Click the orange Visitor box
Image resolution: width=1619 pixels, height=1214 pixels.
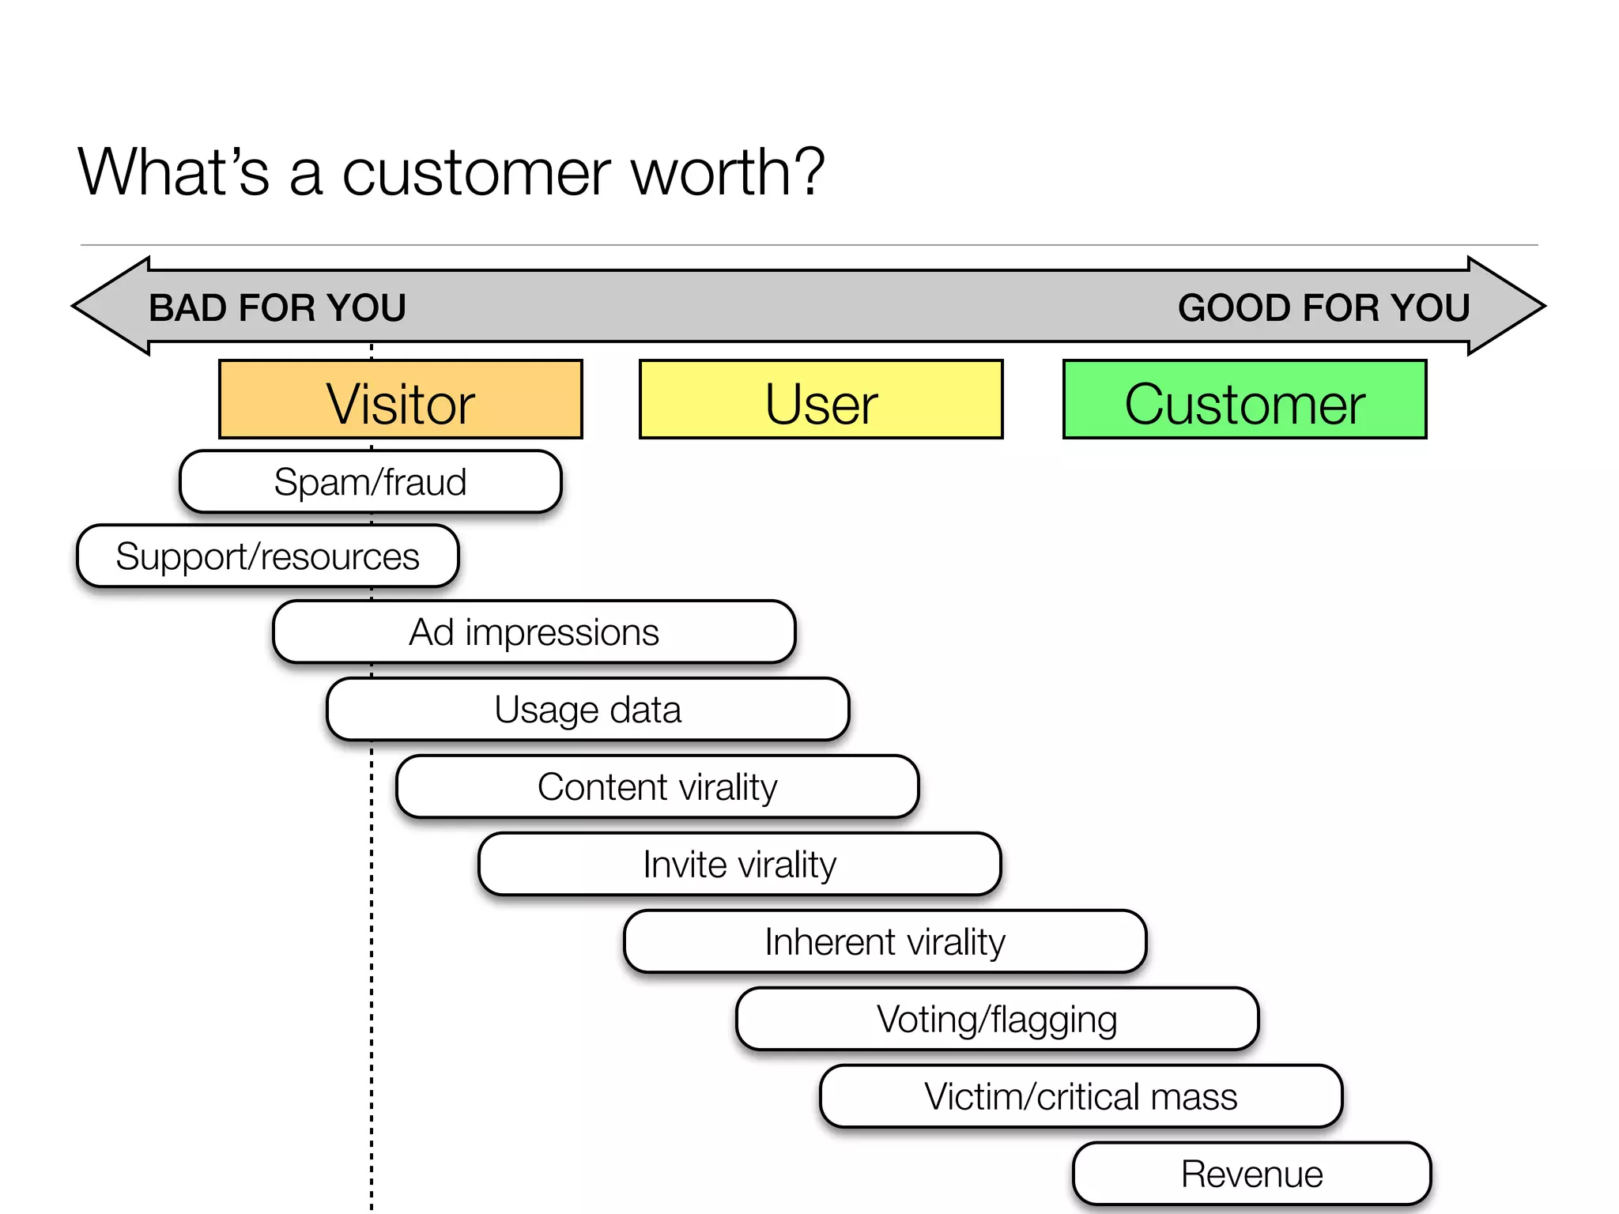(400, 399)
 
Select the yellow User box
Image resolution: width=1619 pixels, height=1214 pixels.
(821, 399)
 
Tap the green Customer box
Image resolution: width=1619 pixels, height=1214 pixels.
(1244, 399)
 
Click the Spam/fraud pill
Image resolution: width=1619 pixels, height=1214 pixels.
(370, 482)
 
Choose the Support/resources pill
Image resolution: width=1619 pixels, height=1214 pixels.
(267, 556)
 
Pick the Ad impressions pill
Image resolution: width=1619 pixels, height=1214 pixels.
(534, 632)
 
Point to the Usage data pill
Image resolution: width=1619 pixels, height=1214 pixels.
(587, 710)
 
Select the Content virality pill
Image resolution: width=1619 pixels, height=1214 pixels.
(657, 787)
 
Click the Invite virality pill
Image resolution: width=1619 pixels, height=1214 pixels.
(739, 865)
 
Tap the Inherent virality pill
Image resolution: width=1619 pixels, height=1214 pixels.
(885, 942)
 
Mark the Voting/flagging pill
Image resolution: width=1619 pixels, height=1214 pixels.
(997, 1020)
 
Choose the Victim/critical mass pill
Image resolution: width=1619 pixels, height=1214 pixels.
(1081, 1097)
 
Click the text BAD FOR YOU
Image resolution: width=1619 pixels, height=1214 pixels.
(277, 307)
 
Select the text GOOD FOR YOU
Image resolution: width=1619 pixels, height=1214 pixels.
(1323, 307)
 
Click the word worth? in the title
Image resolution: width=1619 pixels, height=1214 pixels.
(727, 172)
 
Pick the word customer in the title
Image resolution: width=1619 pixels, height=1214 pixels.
(477, 172)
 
